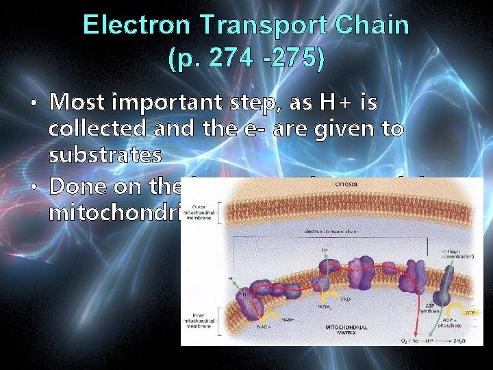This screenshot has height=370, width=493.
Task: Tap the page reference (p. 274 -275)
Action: click(x=246, y=58)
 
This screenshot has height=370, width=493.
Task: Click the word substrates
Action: click(x=105, y=155)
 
